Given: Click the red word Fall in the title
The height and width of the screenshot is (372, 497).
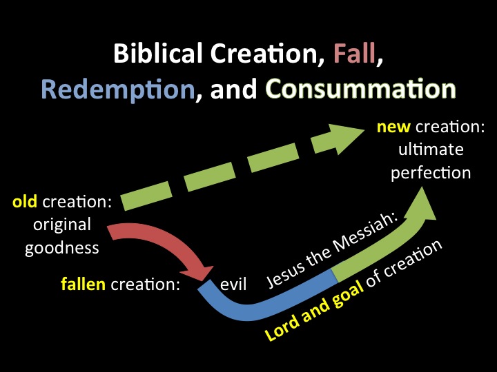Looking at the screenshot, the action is (354, 53).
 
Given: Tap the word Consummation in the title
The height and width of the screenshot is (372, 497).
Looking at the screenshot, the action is (360, 88).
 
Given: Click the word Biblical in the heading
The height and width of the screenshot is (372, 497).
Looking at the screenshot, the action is (157, 53).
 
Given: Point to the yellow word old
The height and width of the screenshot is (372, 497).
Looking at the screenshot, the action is (24, 201).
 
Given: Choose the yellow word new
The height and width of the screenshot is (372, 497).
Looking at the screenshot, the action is (393, 127).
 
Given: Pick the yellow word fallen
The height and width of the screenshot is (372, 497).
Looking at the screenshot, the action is (83, 284).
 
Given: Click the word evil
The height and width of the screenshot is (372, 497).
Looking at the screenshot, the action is (233, 284).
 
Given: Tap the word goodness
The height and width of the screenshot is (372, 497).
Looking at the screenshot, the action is (62, 248).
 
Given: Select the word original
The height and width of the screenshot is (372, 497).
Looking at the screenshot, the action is (62, 225).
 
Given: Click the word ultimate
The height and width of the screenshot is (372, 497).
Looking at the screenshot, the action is (431, 149).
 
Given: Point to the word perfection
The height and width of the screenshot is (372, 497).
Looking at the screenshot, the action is (431, 174).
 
